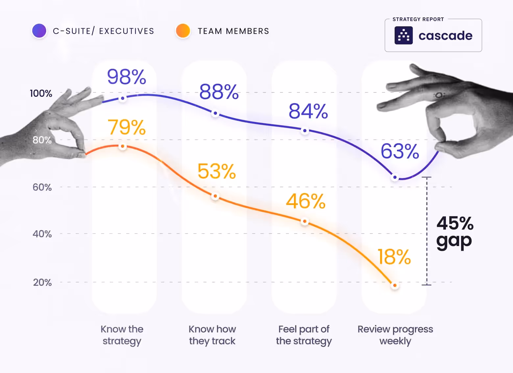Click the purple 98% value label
[127, 77]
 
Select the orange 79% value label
[127, 127]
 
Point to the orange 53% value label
[217, 171]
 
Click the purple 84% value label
[308, 111]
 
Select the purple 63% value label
[400, 151]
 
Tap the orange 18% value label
[394, 257]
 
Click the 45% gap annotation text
[455, 232]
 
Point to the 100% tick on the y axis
[41, 93]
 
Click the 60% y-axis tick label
[42, 187]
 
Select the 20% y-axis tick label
[42, 282]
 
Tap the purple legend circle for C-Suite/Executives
[39, 31]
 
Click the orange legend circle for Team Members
[183, 31]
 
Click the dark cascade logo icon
[403, 36]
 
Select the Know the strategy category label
[122, 335]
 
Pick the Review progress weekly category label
[395, 335]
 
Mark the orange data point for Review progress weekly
[395, 285]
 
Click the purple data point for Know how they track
[215, 113]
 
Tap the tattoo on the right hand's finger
[439, 95]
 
